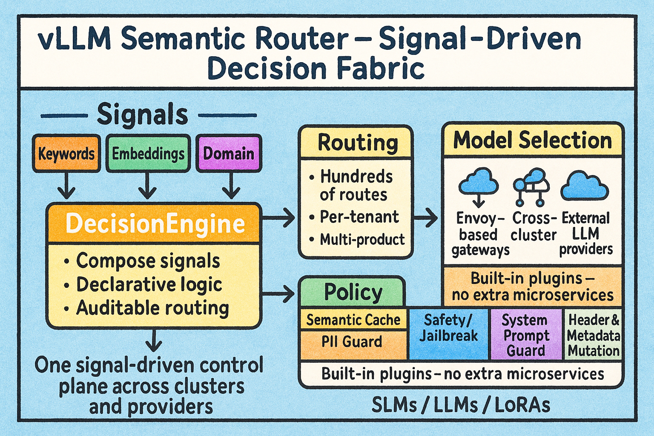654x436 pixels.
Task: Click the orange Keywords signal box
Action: click(66, 153)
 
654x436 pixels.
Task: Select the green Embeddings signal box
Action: click(148, 153)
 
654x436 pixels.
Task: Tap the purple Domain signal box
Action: click(229, 153)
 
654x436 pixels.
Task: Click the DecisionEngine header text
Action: click(155, 224)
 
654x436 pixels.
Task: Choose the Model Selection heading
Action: click(532, 140)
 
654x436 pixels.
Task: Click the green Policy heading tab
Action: click(353, 293)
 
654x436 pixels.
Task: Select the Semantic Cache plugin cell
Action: click(353, 320)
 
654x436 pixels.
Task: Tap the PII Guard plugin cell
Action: click(352, 342)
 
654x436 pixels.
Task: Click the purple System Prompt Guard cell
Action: click(526, 335)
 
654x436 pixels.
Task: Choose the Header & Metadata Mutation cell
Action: click(593, 335)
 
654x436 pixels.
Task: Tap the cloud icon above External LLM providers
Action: click(584, 186)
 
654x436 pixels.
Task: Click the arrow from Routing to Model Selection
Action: click(425, 218)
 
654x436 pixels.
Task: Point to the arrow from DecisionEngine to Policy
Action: click(279, 293)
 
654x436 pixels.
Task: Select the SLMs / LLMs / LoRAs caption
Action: click(461, 404)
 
